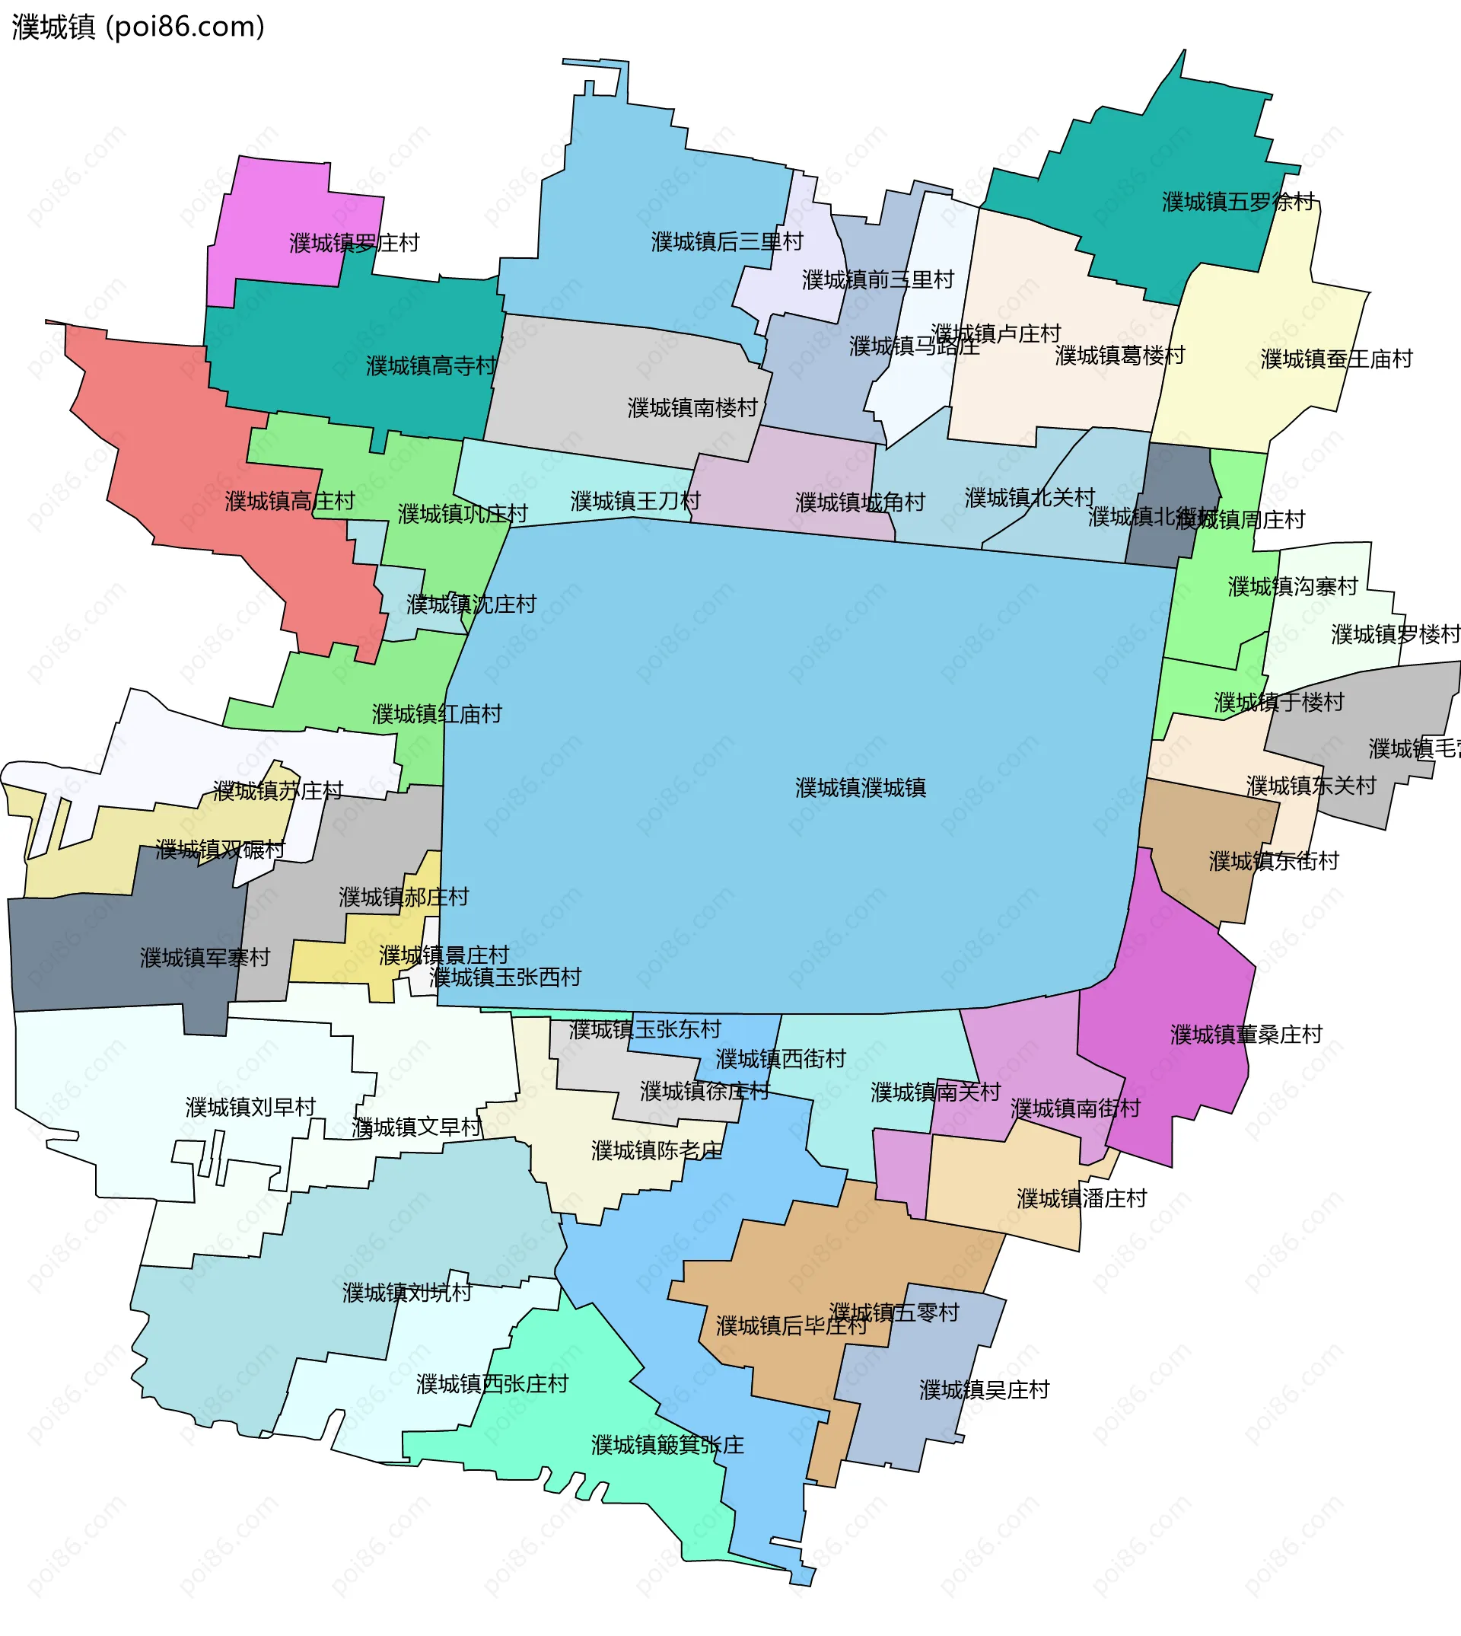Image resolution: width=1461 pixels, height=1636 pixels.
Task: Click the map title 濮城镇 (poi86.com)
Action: point(138,27)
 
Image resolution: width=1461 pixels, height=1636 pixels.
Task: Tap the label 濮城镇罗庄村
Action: point(354,243)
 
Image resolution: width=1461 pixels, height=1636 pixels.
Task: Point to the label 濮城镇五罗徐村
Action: point(1238,202)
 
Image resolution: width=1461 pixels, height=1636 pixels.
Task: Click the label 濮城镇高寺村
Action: point(431,366)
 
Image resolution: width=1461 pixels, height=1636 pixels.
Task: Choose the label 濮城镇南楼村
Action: point(692,408)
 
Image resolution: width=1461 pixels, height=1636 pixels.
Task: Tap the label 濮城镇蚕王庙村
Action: point(1335,359)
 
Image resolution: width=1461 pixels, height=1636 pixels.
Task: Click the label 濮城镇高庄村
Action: point(290,501)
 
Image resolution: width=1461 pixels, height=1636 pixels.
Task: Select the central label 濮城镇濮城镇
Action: point(861,788)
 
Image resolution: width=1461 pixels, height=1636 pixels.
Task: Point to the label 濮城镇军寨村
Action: point(205,958)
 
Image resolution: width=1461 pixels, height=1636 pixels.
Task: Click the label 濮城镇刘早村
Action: point(250,1107)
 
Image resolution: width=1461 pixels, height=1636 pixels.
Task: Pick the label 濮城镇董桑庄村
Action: point(1246,1035)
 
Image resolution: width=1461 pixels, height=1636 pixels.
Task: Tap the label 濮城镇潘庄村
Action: point(1081,1198)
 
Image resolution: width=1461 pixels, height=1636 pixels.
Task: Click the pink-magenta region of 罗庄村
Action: point(273,217)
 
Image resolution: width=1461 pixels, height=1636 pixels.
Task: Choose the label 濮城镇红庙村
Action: point(437,714)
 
